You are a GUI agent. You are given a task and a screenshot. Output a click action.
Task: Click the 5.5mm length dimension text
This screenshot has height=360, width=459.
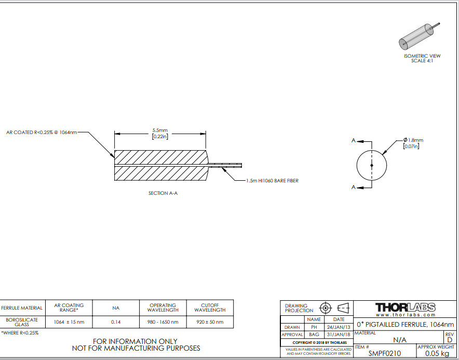[x=160, y=130]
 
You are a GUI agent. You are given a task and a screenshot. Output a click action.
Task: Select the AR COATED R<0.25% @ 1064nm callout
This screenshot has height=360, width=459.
[x=42, y=132]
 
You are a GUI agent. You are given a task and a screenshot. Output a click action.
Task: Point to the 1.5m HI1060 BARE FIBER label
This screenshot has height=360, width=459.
[x=272, y=181]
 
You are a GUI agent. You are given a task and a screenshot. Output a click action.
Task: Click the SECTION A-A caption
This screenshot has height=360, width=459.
[x=163, y=193]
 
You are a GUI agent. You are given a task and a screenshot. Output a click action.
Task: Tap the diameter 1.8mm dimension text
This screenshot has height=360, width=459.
[x=413, y=140]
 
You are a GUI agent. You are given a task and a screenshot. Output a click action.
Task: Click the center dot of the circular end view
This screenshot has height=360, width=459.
[x=372, y=166]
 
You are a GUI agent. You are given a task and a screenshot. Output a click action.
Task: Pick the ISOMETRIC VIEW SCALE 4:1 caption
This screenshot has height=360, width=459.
[x=422, y=58]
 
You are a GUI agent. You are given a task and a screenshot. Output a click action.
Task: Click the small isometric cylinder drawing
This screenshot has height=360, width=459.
[x=419, y=36]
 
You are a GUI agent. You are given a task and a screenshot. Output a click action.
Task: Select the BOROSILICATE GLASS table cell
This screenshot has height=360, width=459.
[x=22, y=322]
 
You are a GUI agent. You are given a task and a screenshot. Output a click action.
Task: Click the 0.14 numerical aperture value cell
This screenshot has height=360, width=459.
[x=116, y=322]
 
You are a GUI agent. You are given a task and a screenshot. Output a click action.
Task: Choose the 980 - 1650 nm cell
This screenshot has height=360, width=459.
[x=163, y=322]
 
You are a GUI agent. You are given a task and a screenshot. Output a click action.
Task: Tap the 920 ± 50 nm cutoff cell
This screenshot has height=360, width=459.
[x=210, y=322]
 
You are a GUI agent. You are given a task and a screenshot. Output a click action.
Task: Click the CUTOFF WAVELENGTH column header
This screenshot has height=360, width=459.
[x=210, y=308]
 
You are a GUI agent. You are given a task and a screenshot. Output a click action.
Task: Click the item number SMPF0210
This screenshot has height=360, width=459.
[x=385, y=354]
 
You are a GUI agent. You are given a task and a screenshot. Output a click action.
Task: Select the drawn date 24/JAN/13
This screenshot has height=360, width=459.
[x=339, y=327]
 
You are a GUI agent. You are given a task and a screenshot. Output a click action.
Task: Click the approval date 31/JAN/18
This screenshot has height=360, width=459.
[x=339, y=335]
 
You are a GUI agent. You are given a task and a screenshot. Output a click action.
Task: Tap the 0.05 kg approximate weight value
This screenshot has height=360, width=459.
[x=437, y=354]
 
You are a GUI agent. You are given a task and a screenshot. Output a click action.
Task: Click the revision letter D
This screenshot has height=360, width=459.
[x=450, y=340]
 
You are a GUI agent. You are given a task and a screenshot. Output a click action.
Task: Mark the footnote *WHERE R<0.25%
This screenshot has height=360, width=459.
[x=20, y=333]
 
